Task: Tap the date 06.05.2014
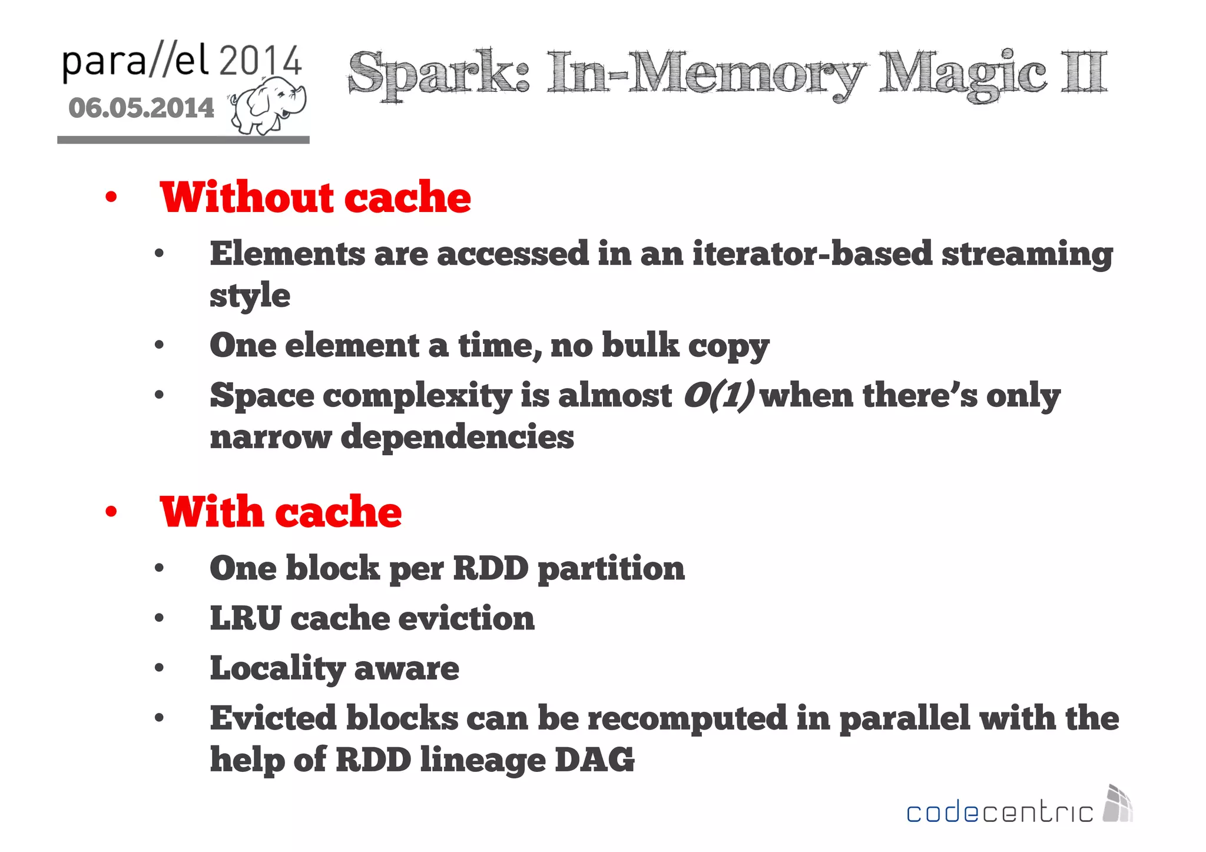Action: [141, 108]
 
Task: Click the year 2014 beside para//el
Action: [260, 61]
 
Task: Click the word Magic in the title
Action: [962, 74]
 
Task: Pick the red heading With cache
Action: [280, 512]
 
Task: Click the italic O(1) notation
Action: [718, 395]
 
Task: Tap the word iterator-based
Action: [812, 254]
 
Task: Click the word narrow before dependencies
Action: [270, 437]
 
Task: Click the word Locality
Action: [277, 669]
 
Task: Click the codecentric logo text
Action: [999, 813]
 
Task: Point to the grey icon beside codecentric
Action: [1117, 803]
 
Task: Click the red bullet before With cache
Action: [111, 512]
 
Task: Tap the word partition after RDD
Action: [611, 569]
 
